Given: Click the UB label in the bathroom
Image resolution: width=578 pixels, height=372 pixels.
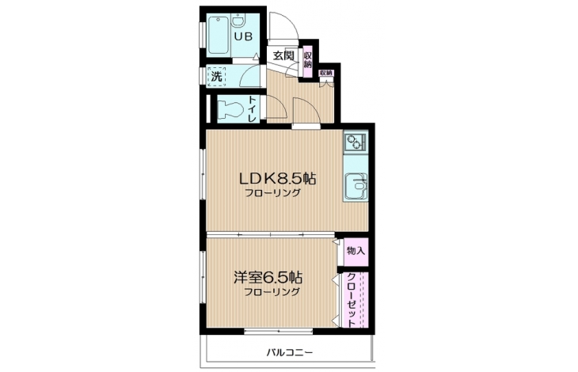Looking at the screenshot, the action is click(244, 36).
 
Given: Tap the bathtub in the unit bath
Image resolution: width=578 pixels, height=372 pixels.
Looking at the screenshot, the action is click(219, 36).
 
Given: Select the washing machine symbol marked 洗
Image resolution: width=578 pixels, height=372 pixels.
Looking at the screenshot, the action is click(216, 76).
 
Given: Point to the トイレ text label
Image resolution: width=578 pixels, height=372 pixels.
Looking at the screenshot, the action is click(252, 109).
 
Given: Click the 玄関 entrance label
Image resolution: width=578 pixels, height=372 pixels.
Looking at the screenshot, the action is click(283, 55).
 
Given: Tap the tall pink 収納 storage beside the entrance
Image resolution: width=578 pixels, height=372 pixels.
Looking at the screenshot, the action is click(307, 62).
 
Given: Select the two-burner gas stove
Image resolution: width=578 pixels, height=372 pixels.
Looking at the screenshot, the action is click(355, 142).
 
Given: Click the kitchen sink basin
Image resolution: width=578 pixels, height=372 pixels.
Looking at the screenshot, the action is click(356, 186).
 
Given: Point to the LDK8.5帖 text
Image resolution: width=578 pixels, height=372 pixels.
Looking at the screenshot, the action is click(278, 179).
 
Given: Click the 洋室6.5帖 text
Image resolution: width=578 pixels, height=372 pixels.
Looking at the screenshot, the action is click(268, 277).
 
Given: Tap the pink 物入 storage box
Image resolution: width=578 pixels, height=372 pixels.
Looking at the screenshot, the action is click(356, 252).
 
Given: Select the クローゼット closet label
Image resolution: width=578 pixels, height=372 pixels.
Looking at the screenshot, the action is click(352, 300).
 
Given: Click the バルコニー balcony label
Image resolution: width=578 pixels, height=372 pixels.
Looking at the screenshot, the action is click(290, 353).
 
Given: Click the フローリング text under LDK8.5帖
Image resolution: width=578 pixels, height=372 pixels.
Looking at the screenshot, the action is click(273, 192).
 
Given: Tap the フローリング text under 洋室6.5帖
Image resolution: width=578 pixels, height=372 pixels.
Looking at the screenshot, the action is click(272, 292).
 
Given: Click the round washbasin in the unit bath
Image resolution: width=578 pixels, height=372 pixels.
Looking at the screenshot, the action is click(238, 21).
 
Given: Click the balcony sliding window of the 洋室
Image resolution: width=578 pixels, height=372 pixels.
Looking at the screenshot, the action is click(278, 332).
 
